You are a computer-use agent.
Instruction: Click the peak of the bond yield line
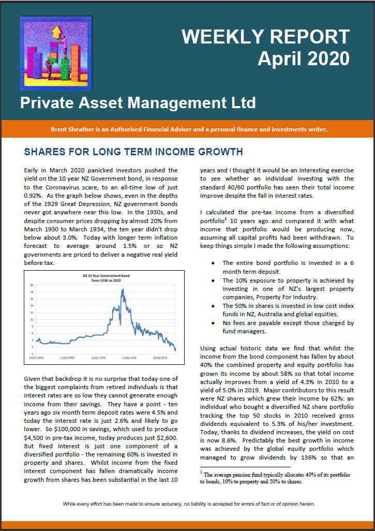coord(123,290)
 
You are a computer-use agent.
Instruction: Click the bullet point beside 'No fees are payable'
coord(214,323)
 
